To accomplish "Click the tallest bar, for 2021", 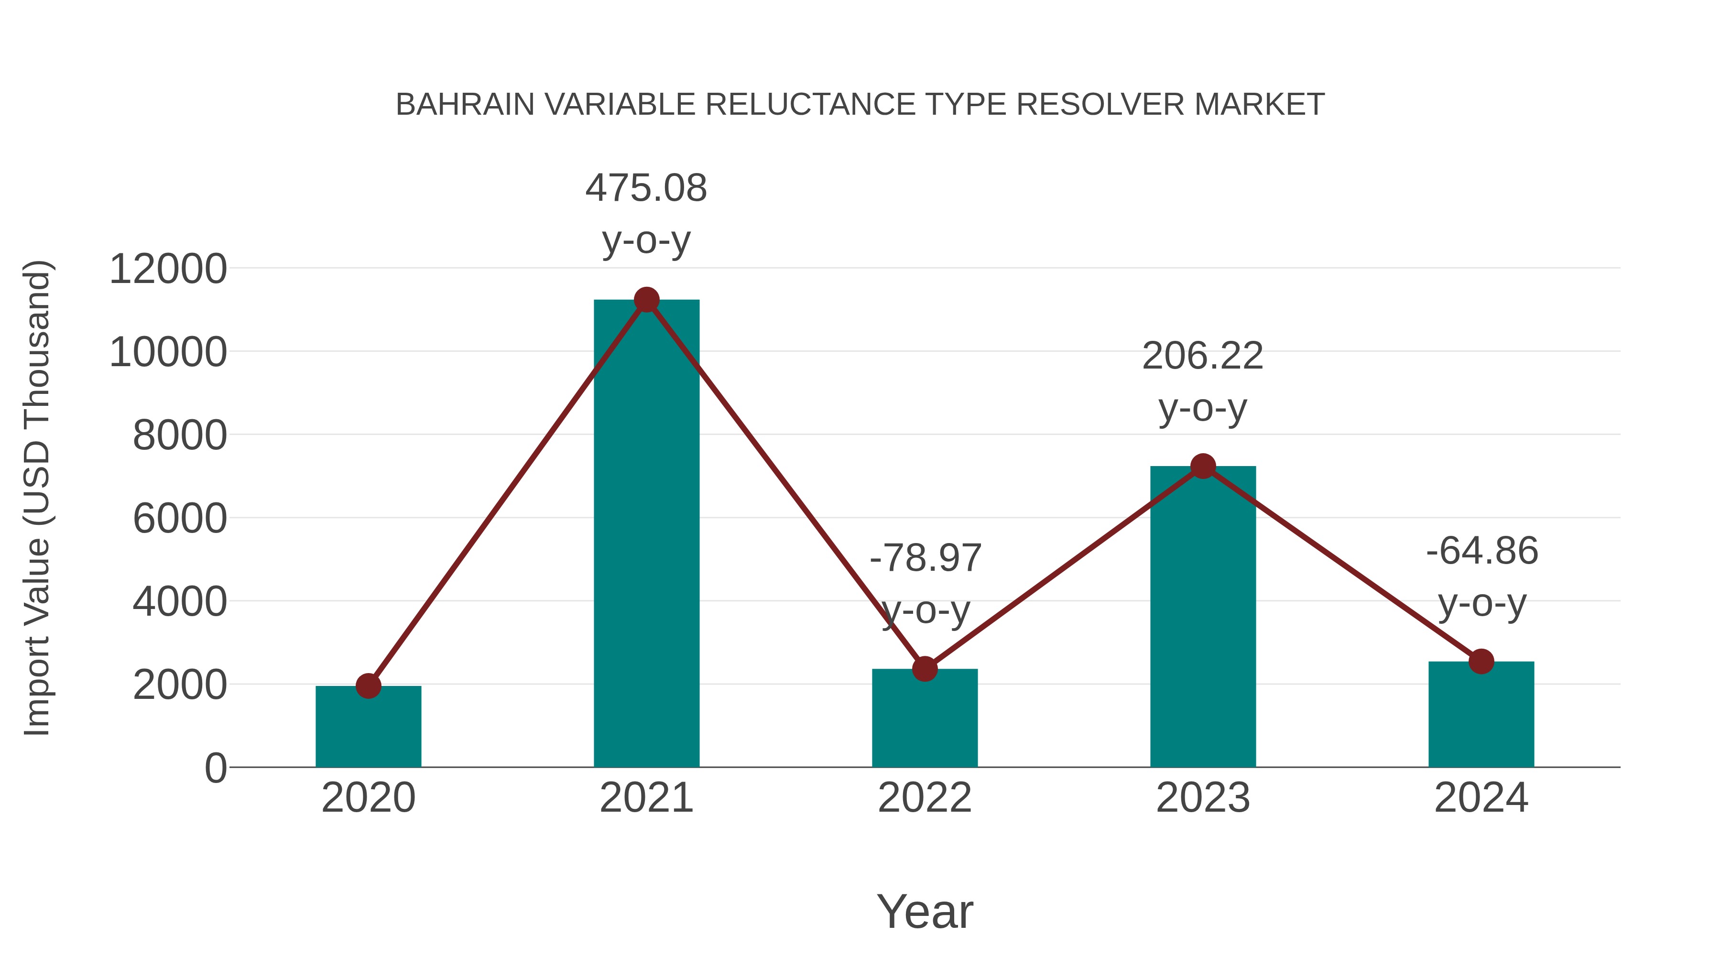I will tap(646, 534).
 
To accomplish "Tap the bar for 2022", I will tap(925, 718).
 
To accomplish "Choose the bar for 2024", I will tap(1481, 714).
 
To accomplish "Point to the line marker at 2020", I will tap(368, 686).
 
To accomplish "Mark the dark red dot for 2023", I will tap(1203, 466).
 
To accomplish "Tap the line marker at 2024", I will tap(1481, 662).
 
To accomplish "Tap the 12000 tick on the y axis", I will tap(168, 269).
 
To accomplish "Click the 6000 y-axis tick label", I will tap(180, 519).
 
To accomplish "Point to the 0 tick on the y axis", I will tap(215, 768).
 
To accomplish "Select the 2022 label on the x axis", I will tap(925, 798).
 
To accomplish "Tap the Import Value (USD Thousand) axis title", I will tap(37, 498).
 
